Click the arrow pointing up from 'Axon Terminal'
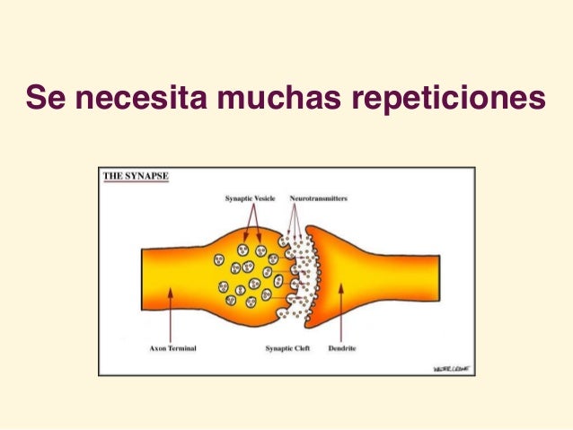[x=167, y=314]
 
